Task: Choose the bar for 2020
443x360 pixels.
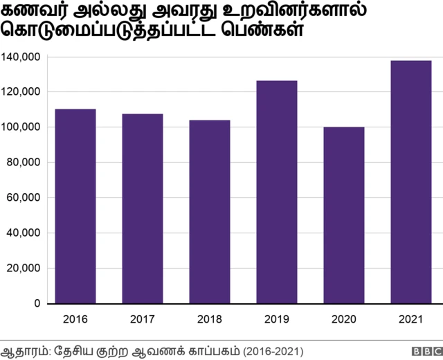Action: coord(344,215)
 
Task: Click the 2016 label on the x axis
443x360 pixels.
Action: coord(75,319)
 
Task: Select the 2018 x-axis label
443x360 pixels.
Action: coord(210,319)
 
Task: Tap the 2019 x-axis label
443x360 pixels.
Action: coord(277,319)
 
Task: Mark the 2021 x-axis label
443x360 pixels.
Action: coord(411,319)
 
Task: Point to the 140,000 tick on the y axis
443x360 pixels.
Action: coord(21,56)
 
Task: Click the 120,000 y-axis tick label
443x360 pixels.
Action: coord(21,91)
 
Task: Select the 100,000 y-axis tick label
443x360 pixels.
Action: coord(21,127)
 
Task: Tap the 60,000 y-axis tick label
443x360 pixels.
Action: coord(24,197)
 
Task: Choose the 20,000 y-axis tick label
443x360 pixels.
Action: coord(24,269)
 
